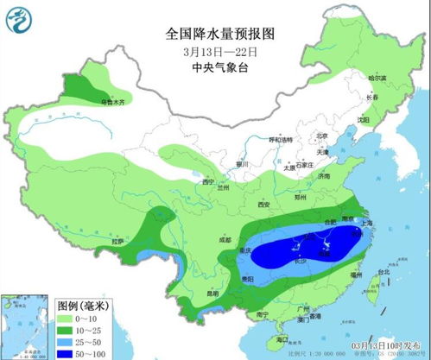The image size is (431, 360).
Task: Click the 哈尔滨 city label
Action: pyautogui.click(x=377, y=79)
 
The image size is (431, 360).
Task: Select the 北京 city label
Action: pyautogui.click(x=321, y=136)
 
